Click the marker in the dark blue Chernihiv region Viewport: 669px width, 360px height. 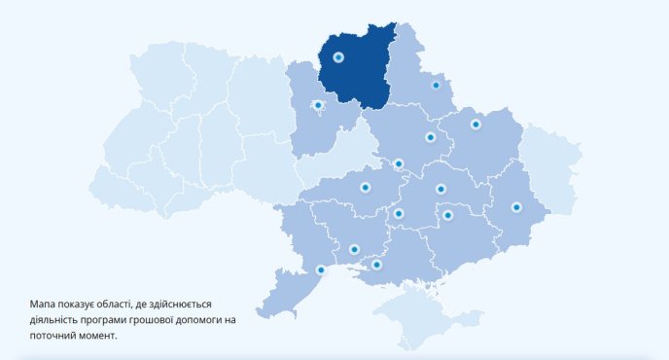coord(338,57)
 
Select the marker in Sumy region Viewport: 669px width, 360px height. coord(436,85)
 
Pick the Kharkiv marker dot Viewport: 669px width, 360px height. coord(475,124)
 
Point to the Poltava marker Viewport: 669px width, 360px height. coord(430,137)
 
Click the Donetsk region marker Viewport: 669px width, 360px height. coord(516,207)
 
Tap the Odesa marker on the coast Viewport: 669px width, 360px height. coord(321,270)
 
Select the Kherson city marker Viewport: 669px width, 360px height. coord(376,265)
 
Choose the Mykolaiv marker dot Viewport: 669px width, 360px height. coord(354,250)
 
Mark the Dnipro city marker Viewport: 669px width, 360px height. coord(440,189)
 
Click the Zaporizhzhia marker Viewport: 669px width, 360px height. coord(447,215)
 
